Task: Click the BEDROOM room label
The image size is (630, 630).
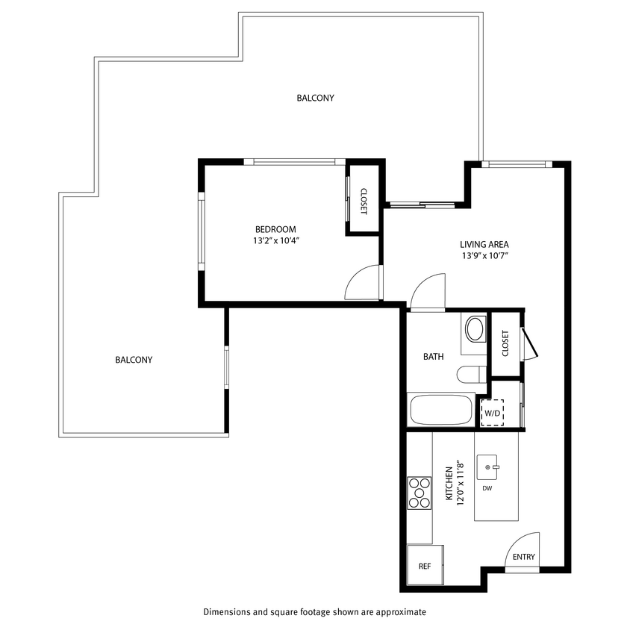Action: click(275, 229)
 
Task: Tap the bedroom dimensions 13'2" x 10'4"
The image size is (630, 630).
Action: click(275, 240)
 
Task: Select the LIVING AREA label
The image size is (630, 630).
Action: click(484, 244)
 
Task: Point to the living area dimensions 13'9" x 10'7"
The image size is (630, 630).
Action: click(484, 255)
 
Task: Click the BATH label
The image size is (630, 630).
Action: click(433, 357)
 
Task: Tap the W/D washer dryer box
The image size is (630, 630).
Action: click(492, 412)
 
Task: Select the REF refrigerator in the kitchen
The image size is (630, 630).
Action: click(425, 566)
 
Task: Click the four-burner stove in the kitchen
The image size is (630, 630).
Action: click(420, 493)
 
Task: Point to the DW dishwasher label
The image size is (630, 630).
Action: click(487, 489)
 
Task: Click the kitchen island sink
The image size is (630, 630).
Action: click(487, 467)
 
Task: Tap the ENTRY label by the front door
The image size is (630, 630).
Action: click(524, 557)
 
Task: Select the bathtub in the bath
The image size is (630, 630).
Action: click(441, 410)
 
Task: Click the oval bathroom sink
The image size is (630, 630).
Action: click(475, 328)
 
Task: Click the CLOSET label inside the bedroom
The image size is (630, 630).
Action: click(364, 200)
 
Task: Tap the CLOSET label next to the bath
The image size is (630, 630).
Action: click(505, 343)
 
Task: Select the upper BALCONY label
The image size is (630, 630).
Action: click(315, 98)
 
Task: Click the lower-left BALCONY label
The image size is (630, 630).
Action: click(134, 360)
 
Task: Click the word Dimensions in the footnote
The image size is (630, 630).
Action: click(228, 612)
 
